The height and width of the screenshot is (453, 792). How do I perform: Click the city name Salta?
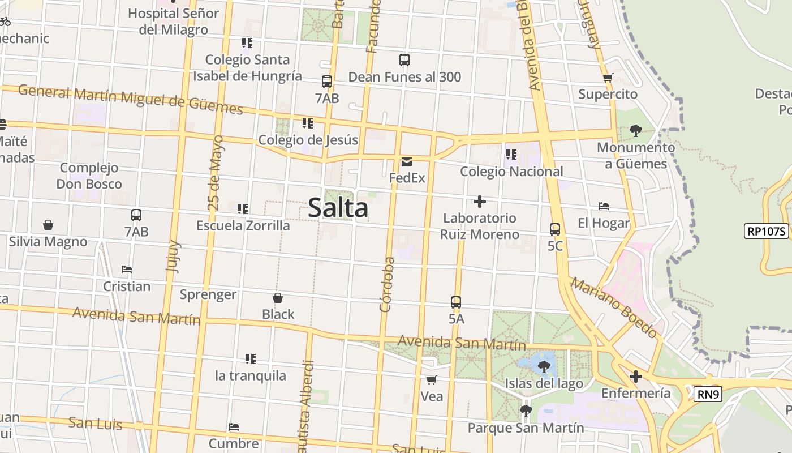click(x=338, y=208)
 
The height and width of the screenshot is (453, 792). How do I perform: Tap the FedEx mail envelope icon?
click(x=406, y=162)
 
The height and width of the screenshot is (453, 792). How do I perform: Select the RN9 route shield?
click(x=708, y=394)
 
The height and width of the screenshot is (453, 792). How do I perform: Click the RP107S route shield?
click(x=767, y=231)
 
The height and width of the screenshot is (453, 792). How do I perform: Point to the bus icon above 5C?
click(x=555, y=229)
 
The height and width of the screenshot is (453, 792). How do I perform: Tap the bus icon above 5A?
click(x=456, y=302)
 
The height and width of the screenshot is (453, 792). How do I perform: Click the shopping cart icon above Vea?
click(x=432, y=380)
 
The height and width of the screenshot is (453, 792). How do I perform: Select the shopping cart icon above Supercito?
click(x=608, y=78)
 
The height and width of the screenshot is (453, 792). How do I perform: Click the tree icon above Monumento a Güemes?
click(x=636, y=131)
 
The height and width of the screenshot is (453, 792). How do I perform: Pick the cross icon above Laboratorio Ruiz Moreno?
click(x=480, y=202)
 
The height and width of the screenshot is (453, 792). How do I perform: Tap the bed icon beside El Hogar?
click(x=604, y=207)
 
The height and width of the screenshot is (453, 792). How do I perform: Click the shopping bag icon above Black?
click(x=278, y=298)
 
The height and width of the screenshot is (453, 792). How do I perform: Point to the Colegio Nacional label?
click(x=511, y=171)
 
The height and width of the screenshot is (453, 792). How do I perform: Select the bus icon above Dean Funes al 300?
click(x=404, y=60)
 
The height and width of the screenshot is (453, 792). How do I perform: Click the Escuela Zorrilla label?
click(x=243, y=225)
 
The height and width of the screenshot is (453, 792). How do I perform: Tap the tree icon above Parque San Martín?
click(x=526, y=412)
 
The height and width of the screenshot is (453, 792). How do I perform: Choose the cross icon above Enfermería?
click(x=636, y=377)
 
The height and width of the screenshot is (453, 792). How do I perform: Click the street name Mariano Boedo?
click(x=613, y=307)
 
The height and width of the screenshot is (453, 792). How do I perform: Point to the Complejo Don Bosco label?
click(x=89, y=176)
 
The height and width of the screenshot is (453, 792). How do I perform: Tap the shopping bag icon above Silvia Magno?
click(x=48, y=225)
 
